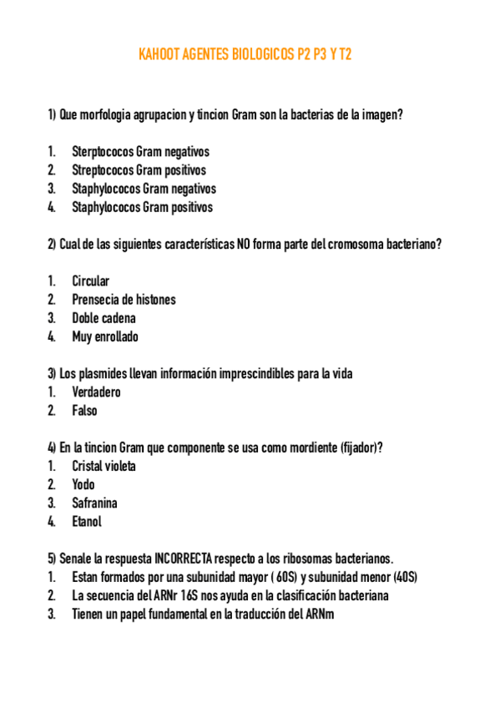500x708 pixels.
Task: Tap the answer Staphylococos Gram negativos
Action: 144,189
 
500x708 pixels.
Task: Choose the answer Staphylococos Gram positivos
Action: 142,207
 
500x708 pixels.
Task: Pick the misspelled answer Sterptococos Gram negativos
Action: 140,152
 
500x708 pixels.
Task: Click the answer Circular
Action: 90,281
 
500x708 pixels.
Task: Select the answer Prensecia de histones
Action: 124,300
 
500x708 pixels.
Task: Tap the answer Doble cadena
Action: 104,318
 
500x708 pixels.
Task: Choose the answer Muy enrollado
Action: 105,336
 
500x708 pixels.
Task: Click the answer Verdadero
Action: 96,392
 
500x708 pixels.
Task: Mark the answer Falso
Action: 84,410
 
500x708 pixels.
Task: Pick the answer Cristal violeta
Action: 104,466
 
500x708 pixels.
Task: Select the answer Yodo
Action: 83,484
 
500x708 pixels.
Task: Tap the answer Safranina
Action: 94,503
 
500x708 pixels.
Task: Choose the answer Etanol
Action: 87,521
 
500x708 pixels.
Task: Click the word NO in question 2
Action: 244,245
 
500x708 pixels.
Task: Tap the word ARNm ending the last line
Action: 319,614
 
